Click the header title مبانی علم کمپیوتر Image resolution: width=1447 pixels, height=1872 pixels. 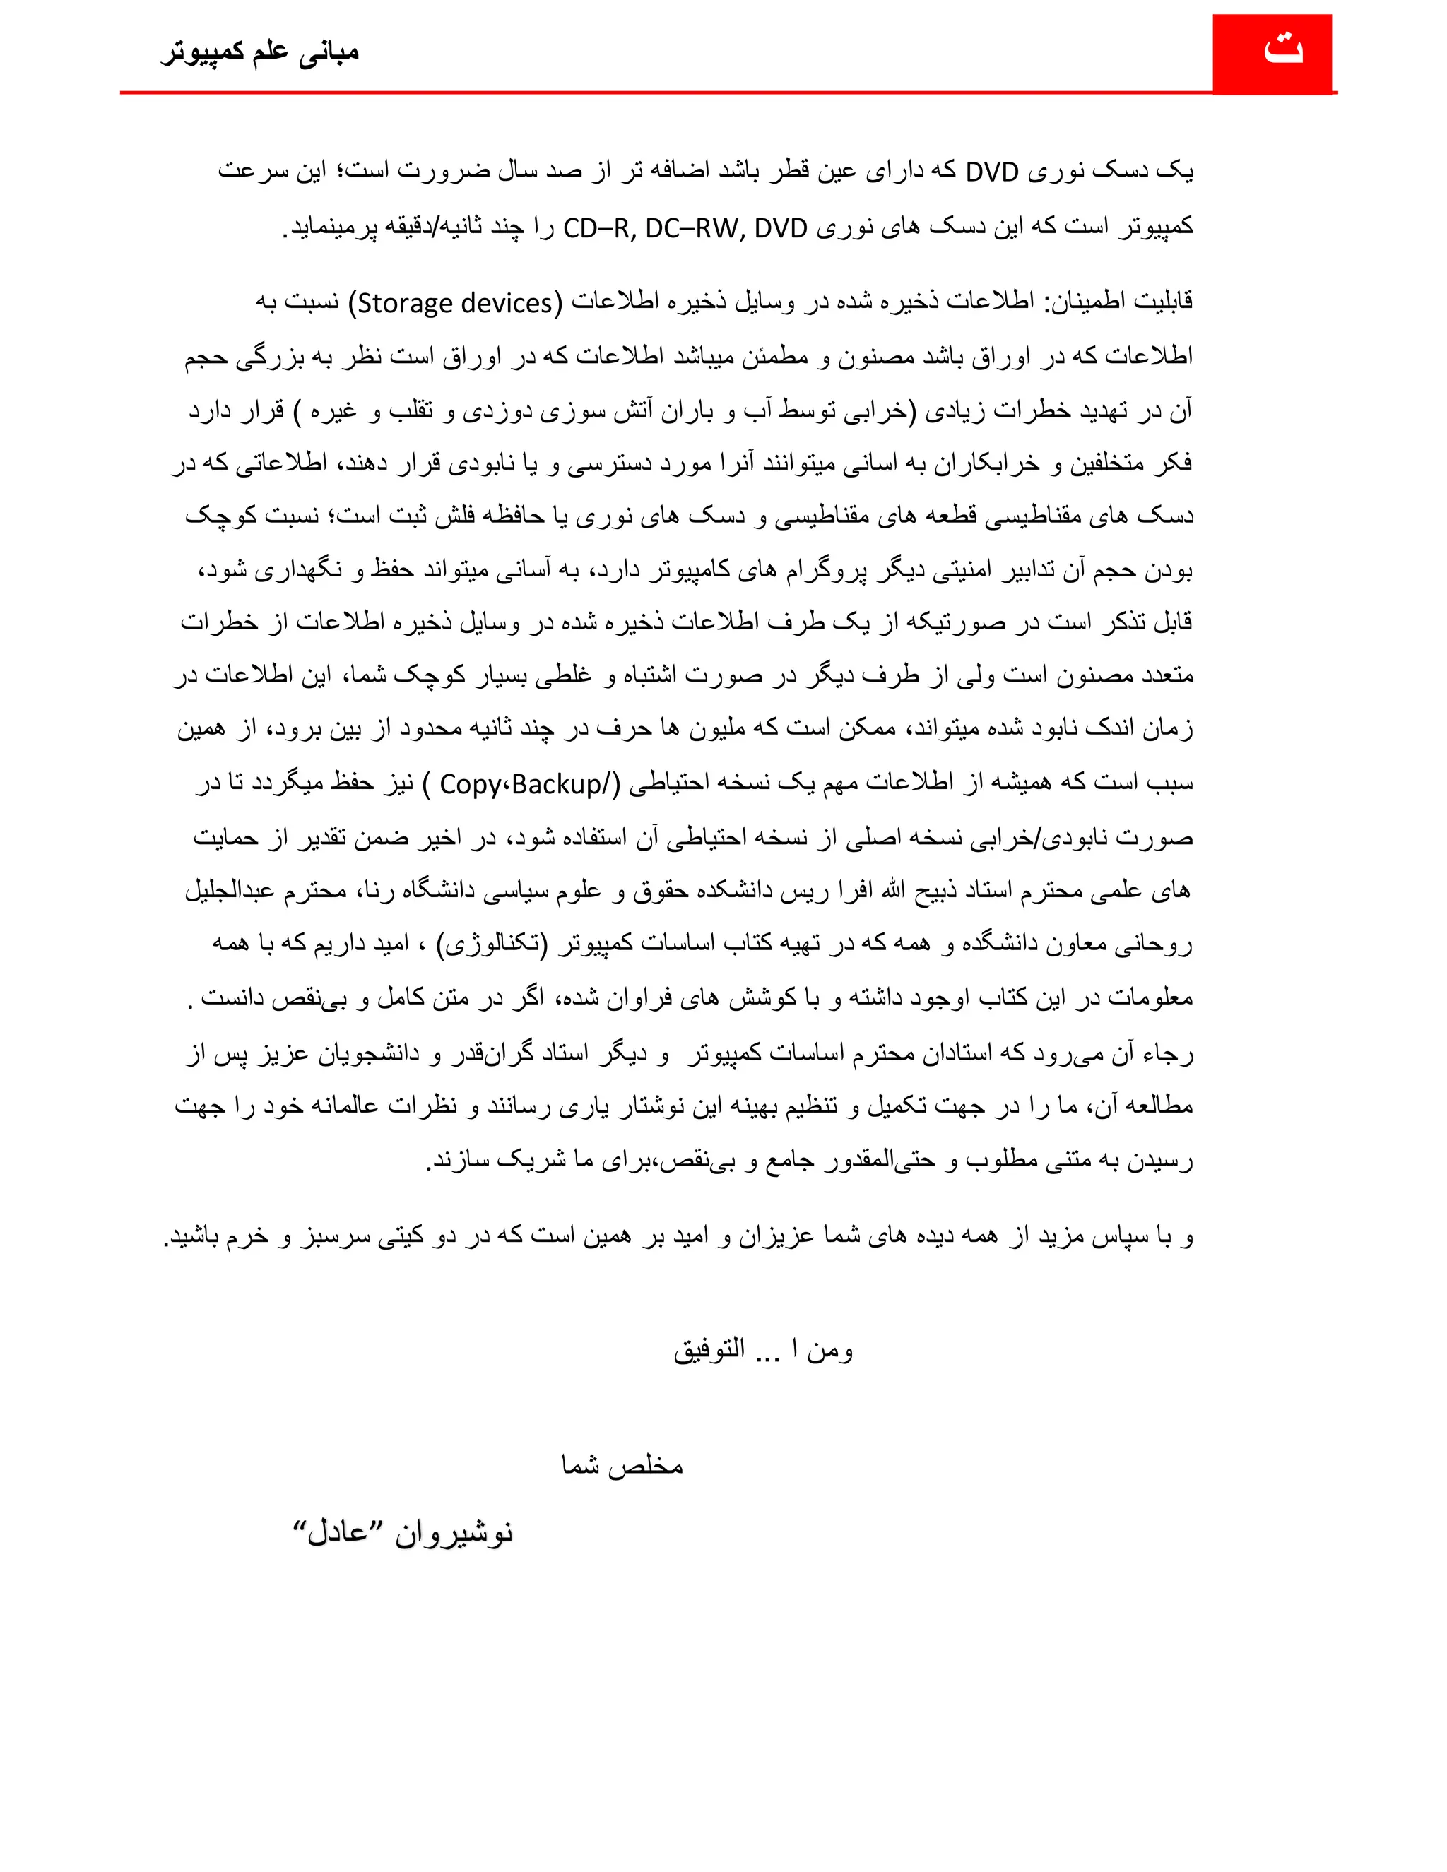[260, 52]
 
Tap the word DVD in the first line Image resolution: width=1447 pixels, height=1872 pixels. [992, 172]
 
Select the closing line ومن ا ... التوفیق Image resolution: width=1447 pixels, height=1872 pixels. [763, 1351]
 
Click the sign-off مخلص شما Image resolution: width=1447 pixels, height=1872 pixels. [622, 1465]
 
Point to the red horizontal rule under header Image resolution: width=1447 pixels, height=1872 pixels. [668, 92]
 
